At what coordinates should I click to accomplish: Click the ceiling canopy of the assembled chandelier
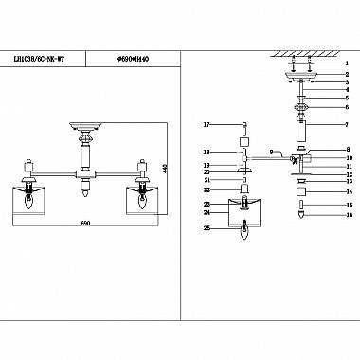tap(89, 125)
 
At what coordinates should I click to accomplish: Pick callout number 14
tap(347, 191)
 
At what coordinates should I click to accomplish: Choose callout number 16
tap(347, 216)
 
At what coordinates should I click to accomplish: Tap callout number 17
tap(205, 125)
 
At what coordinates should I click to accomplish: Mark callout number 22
tap(205, 190)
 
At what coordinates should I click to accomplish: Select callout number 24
tap(205, 213)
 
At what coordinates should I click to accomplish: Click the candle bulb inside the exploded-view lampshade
tap(245, 226)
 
